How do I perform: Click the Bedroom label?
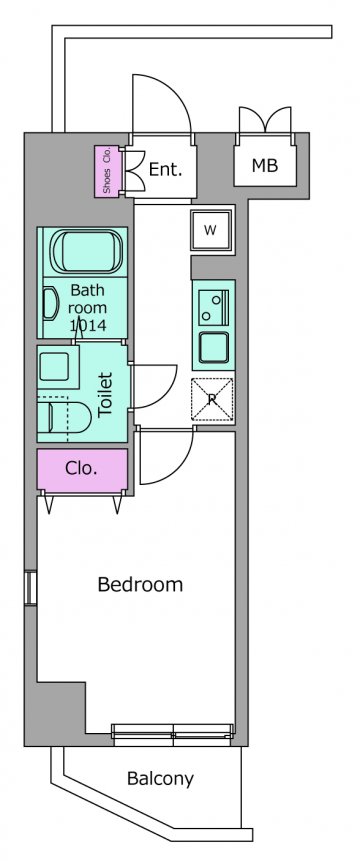140,584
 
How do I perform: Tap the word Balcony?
160,779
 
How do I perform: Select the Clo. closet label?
81,468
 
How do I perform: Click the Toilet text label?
104,395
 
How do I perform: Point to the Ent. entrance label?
165,169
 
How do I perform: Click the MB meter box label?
265,165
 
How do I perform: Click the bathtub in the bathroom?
86,252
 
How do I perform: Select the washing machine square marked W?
213,230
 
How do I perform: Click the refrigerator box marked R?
212,400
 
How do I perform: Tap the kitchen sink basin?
214,348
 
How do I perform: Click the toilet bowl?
65,417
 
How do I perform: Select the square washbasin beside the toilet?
54,367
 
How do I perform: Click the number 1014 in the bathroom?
88,326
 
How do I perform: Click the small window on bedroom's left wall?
31,588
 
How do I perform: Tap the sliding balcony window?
173,735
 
